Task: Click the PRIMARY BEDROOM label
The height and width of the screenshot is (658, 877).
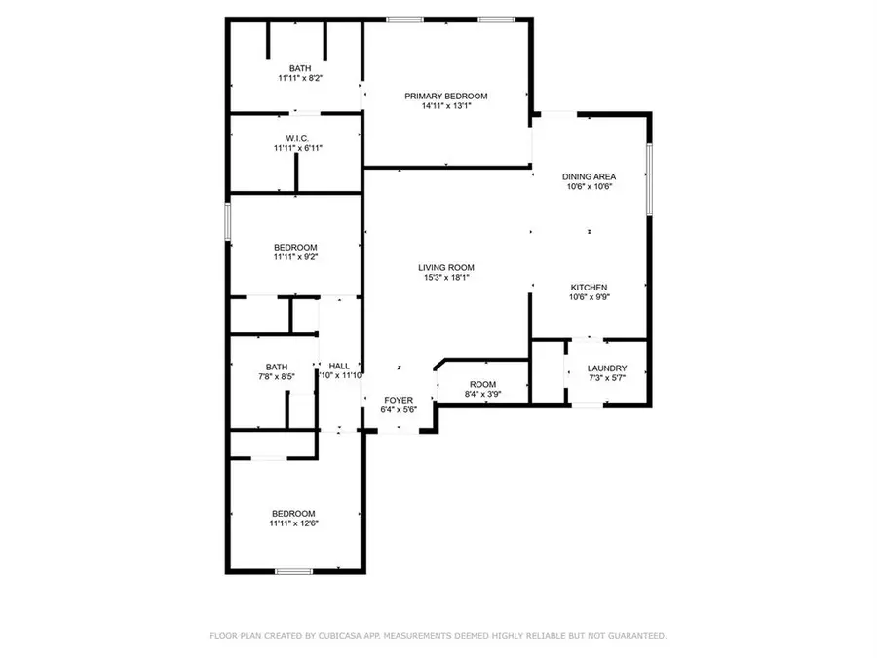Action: [445, 96]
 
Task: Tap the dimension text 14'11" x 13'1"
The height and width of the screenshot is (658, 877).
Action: [445, 107]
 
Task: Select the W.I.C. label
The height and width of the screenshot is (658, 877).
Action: [296, 137]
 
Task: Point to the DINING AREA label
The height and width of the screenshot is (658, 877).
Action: [590, 176]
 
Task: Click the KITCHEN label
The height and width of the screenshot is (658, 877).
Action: [590, 288]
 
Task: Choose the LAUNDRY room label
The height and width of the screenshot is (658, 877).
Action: [607, 368]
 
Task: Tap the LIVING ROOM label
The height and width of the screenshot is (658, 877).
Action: [446, 267]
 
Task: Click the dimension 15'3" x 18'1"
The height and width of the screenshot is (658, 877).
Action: [446, 278]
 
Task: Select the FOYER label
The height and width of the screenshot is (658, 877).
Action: [398, 400]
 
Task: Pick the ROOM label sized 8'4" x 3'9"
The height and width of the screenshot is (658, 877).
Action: [482, 384]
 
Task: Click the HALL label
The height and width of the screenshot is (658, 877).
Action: [339, 365]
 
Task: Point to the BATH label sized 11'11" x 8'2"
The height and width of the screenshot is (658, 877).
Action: [296, 67]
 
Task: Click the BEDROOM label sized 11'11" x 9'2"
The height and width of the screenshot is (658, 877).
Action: [295, 247]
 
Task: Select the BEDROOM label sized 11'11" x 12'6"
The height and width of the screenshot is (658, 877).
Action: [293, 513]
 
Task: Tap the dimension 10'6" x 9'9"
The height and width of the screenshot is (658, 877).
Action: [590, 299]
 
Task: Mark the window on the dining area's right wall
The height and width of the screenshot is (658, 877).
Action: [649, 178]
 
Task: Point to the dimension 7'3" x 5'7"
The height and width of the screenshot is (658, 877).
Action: [607, 379]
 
